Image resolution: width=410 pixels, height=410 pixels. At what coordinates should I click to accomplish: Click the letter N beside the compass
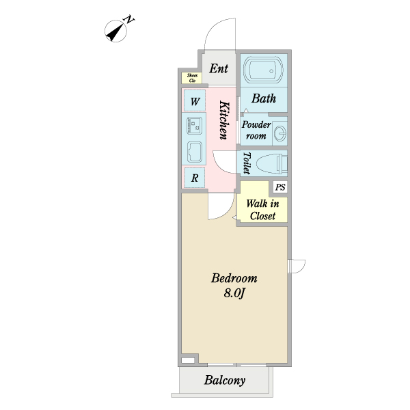129,20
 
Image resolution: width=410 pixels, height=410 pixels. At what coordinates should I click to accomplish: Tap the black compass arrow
115,32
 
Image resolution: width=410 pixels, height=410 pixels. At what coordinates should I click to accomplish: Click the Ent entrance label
219,68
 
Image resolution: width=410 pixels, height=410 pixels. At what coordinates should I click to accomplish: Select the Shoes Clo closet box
192,78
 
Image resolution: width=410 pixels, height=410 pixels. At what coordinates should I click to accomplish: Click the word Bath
264,98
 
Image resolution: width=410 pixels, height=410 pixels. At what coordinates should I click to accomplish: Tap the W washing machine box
195,100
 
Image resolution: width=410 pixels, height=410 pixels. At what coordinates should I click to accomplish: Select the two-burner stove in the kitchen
195,126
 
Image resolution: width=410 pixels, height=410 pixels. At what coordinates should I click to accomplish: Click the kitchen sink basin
195,152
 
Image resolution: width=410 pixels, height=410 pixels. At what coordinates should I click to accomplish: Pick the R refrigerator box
195,178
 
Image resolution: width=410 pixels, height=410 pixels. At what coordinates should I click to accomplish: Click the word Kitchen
224,120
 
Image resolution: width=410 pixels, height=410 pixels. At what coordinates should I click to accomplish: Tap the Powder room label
256,131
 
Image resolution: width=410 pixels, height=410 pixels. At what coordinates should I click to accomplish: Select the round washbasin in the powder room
281,133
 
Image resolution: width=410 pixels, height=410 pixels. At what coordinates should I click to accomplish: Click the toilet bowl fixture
272,164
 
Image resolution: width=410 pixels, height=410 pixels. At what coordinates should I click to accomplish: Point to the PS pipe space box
280,187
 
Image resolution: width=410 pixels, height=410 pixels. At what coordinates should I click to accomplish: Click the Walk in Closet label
262,210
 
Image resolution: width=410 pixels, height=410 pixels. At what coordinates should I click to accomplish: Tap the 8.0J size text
234,293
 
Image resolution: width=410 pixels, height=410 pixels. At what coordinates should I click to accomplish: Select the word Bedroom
234,278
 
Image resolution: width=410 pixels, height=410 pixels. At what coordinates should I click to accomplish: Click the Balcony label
225,380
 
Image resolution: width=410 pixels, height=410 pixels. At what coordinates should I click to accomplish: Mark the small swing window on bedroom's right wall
297,266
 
